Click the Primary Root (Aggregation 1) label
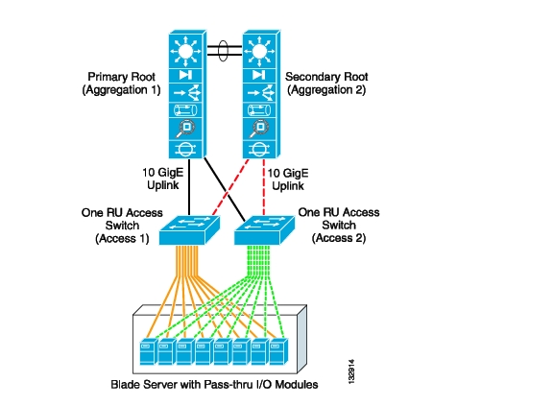(x=121, y=84)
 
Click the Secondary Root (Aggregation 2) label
(x=326, y=84)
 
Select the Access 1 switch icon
(x=189, y=230)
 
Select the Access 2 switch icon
(x=265, y=230)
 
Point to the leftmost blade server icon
(x=149, y=351)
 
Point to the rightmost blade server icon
(x=278, y=351)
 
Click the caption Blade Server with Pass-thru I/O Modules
(x=214, y=384)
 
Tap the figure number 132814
(x=351, y=371)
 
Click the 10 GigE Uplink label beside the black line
(x=163, y=179)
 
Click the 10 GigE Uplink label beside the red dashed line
(x=288, y=179)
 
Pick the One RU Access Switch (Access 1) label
(x=122, y=226)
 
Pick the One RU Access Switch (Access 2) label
(x=339, y=226)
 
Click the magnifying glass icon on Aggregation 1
(x=185, y=129)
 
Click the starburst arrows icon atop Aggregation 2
(x=259, y=52)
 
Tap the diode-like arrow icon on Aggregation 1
(x=185, y=75)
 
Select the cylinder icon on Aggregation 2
(x=259, y=110)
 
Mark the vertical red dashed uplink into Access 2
(x=264, y=187)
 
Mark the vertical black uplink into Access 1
(x=189, y=187)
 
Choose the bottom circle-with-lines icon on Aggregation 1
(x=185, y=150)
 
